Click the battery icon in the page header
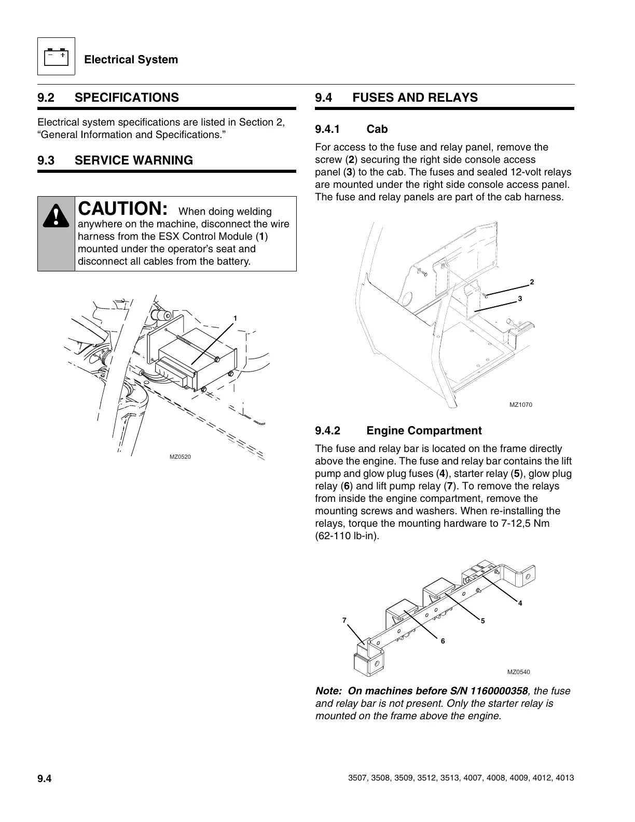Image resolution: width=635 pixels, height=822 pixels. [x=56, y=57]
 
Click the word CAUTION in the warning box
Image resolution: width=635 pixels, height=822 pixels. [x=122, y=208]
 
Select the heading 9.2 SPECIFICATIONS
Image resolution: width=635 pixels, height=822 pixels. [x=108, y=98]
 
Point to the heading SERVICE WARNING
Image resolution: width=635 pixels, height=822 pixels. [x=134, y=160]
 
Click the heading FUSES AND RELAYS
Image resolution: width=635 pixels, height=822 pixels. [x=415, y=98]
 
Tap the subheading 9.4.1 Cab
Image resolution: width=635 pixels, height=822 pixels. [x=351, y=129]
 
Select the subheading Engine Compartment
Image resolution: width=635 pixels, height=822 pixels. [x=424, y=431]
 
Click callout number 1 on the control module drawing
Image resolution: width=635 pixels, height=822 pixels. [x=235, y=318]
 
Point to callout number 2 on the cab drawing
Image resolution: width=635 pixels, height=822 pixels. [x=532, y=282]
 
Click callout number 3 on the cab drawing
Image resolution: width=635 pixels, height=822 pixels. [x=519, y=299]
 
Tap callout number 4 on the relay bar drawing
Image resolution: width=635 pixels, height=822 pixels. [x=520, y=603]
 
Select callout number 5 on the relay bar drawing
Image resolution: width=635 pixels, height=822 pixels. [x=482, y=621]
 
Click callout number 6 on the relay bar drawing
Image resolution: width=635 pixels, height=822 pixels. [x=443, y=641]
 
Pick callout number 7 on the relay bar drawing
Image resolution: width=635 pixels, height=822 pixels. [x=343, y=621]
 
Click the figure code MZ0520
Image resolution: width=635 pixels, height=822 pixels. [x=180, y=457]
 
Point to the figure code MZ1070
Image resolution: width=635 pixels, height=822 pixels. [x=521, y=405]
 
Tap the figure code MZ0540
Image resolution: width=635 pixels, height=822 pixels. [x=519, y=672]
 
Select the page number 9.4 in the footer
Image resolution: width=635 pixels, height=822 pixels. [x=45, y=779]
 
